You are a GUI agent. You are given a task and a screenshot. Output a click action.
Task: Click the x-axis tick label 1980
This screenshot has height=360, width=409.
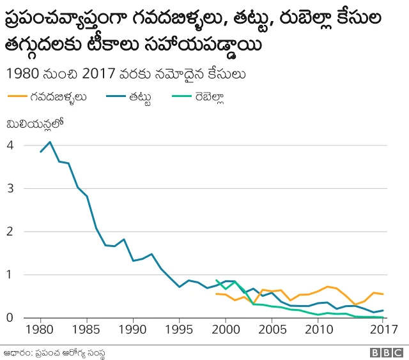[40, 329]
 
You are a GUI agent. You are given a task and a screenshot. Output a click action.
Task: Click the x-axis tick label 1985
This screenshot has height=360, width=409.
[87, 329]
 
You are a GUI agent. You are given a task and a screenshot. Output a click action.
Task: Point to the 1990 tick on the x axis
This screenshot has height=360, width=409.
[134, 329]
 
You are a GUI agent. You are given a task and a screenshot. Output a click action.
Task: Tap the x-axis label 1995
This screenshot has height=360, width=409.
[180, 329]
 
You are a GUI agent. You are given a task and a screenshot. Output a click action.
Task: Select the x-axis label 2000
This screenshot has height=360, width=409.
[226, 329]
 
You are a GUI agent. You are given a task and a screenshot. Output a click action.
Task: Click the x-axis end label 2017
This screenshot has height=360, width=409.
[382, 329]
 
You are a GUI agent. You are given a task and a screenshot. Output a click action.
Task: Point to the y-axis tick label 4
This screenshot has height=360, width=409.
[10, 145]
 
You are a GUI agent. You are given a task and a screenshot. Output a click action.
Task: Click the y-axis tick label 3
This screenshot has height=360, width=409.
[10, 188]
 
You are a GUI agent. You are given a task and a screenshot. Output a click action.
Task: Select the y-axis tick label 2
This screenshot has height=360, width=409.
[10, 232]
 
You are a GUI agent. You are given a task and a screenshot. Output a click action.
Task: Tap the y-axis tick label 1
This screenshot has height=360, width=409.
[10, 274]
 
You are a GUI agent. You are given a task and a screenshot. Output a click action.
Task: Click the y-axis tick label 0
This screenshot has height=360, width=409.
[10, 317]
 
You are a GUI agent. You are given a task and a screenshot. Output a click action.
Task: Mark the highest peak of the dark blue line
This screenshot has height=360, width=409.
[50, 142]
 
